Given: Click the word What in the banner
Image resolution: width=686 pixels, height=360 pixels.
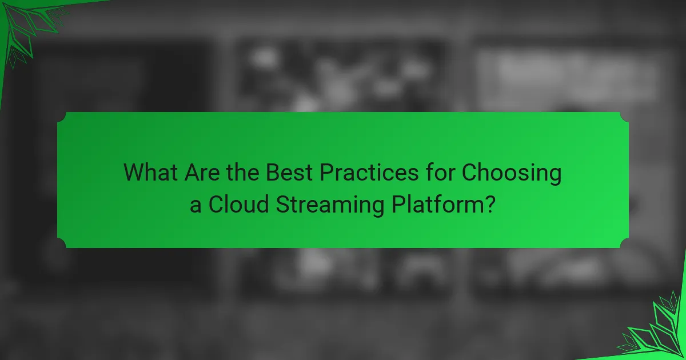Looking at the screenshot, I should pyautogui.click(x=151, y=173).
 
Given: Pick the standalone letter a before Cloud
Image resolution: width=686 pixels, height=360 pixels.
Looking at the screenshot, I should pyautogui.click(x=196, y=204).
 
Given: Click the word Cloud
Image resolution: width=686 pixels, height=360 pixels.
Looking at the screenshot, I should pyautogui.click(x=238, y=204).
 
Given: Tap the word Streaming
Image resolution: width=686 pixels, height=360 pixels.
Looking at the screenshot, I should pyautogui.click(x=329, y=205).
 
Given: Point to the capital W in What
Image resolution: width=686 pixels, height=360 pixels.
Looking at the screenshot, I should pyautogui.click(x=134, y=173).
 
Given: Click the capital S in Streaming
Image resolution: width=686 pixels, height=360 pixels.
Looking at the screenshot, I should pyautogui.click(x=282, y=204).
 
